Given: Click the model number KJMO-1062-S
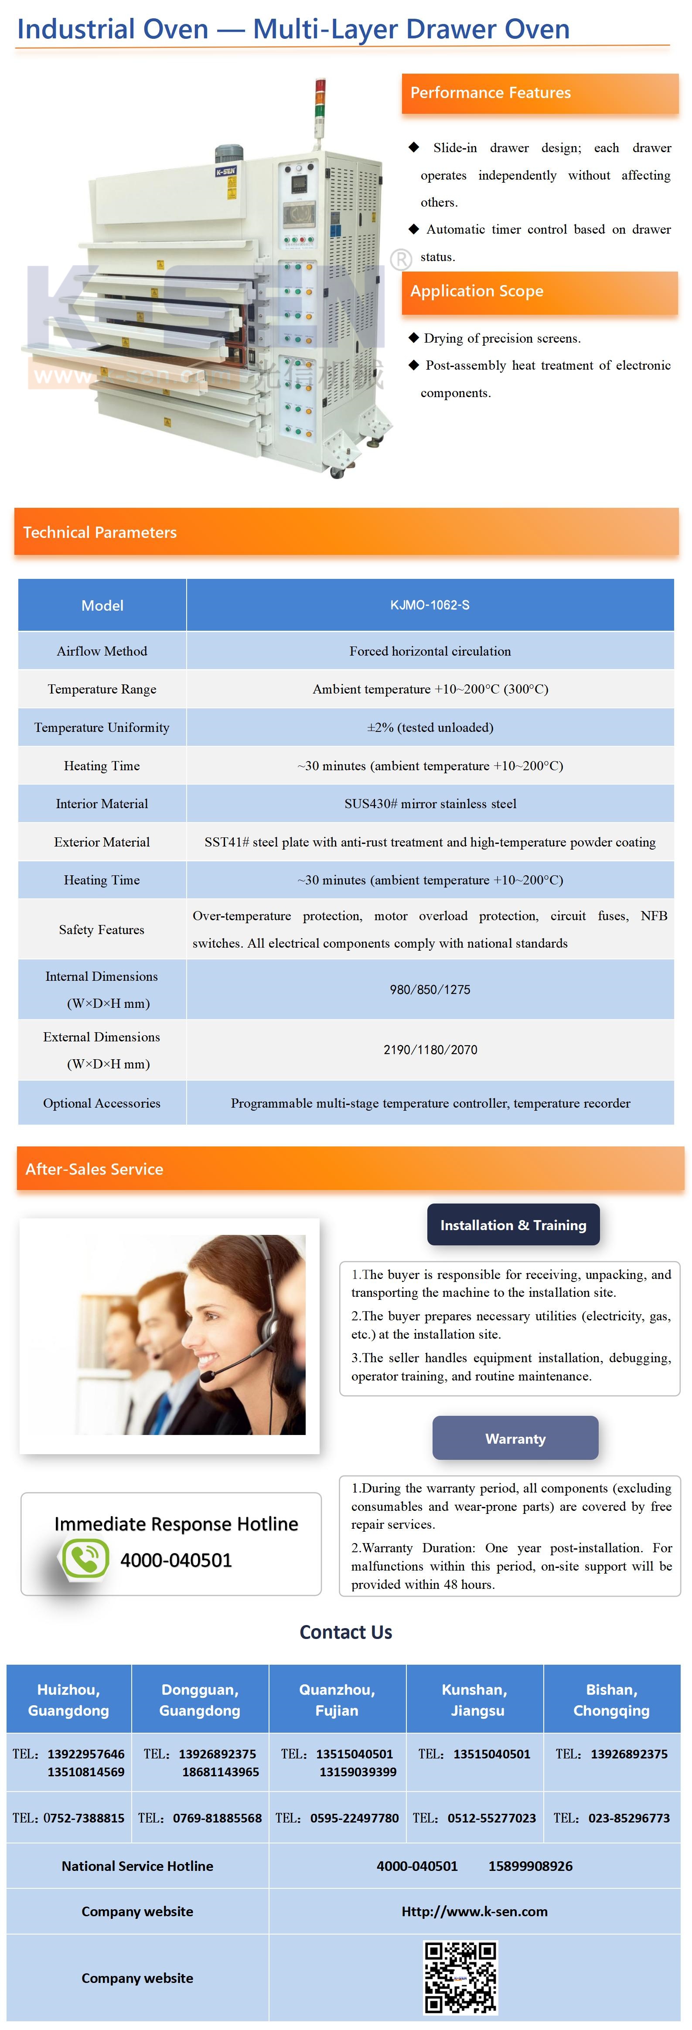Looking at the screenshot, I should tap(430, 605).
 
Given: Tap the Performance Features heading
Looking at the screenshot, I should tap(490, 93).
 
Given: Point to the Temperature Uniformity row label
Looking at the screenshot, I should tap(102, 728).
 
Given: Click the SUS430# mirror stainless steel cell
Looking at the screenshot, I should tap(430, 804).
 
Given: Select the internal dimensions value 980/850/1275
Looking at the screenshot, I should tap(430, 990).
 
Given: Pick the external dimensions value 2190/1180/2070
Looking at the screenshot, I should tap(430, 1050).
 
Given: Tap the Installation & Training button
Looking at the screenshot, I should tap(513, 1224).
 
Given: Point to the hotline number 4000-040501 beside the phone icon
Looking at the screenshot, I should tap(176, 1561).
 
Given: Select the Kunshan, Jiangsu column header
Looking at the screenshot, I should tap(474, 1700).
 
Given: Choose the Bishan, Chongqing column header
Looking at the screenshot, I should tap(612, 1700).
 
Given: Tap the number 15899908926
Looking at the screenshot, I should tap(530, 1866).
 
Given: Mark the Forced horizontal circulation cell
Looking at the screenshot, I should tap(430, 651).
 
